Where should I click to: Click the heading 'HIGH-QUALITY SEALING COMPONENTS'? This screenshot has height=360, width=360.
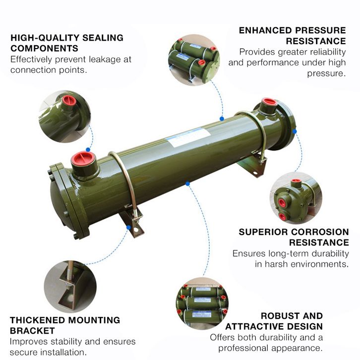coord(67,43)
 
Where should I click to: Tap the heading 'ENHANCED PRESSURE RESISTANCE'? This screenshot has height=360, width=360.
coord(293,35)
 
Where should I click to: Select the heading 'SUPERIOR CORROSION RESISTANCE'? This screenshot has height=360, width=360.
coord(294,237)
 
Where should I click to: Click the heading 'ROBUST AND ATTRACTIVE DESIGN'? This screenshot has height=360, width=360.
coord(274,321)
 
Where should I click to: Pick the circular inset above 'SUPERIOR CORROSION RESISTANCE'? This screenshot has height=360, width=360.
coord(295,198)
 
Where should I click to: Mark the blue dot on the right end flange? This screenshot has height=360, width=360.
coord(294,131)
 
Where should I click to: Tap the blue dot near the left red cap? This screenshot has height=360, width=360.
coord(88,149)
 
